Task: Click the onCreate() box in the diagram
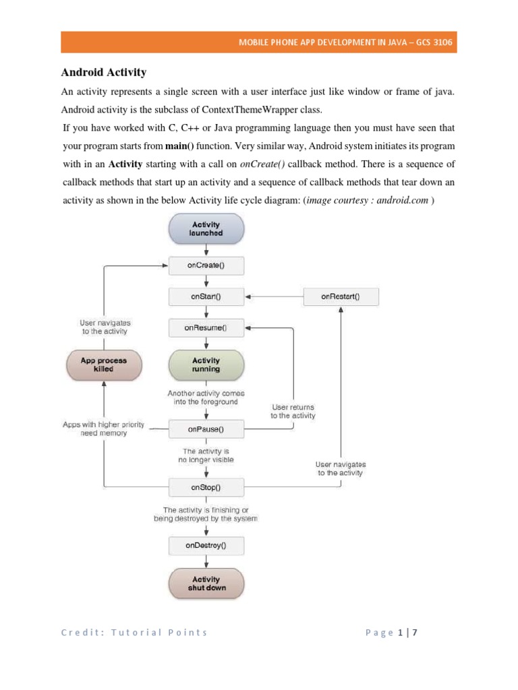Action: (206, 265)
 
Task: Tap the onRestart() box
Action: (341, 296)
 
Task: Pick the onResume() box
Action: (206, 328)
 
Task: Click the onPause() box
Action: (206, 428)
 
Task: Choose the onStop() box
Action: (206, 486)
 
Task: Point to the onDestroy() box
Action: (206, 545)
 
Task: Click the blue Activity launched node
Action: (206, 228)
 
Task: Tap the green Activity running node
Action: (206, 365)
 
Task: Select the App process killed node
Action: (103, 365)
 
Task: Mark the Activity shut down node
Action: (206, 584)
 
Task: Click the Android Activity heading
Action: (104, 72)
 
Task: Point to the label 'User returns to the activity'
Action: (293, 412)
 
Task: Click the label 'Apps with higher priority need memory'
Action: (95, 429)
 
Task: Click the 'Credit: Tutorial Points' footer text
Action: (134, 632)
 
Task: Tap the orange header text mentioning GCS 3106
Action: (345, 42)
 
